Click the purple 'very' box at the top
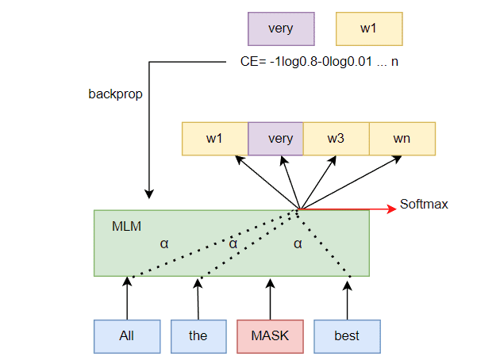tap(280, 29)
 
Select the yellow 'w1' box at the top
tap(368, 29)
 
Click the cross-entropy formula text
tap(318, 62)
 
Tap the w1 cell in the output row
tap(215, 139)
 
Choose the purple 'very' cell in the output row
tap(276, 139)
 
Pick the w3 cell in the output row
tap(337, 139)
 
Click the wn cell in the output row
tap(402, 139)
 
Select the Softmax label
tap(424, 205)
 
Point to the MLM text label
tap(127, 227)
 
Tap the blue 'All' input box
tap(126, 335)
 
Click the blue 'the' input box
tap(198, 335)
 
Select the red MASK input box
tap(270, 335)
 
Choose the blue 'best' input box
tap(347, 335)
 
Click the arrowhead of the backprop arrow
tap(148, 193)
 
